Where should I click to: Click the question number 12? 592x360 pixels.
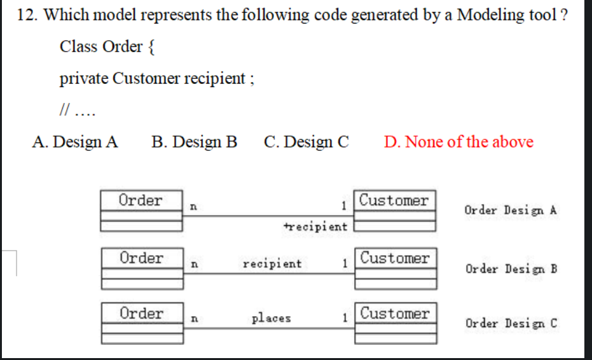pyautogui.click(x=27, y=16)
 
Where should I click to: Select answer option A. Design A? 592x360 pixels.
pyautogui.click(x=75, y=142)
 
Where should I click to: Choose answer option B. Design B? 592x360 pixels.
pyautogui.click(x=195, y=142)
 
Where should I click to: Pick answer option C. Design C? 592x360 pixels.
pyautogui.click(x=306, y=142)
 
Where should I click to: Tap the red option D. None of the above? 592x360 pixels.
pyautogui.click(x=458, y=142)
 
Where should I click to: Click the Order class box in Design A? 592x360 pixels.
pyautogui.click(x=142, y=209)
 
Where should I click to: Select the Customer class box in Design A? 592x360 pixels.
pyautogui.click(x=395, y=209)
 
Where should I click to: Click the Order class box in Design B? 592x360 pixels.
pyautogui.click(x=142, y=267)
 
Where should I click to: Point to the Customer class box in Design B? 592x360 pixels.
pyautogui.click(x=395, y=267)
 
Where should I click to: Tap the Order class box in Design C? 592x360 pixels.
pyautogui.click(x=142, y=322)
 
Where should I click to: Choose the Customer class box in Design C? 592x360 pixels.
pyautogui.click(x=395, y=322)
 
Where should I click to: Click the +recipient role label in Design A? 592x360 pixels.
pyautogui.click(x=316, y=226)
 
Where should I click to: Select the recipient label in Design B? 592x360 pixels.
pyautogui.click(x=272, y=263)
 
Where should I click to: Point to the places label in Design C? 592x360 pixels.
pyautogui.click(x=272, y=318)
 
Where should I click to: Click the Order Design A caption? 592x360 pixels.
pyautogui.click(x=511, y=211)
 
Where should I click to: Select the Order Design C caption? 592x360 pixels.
pyautogui.click(x=511, y=323)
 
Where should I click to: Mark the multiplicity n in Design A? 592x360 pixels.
pyautogui.click(x=193, y=206)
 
